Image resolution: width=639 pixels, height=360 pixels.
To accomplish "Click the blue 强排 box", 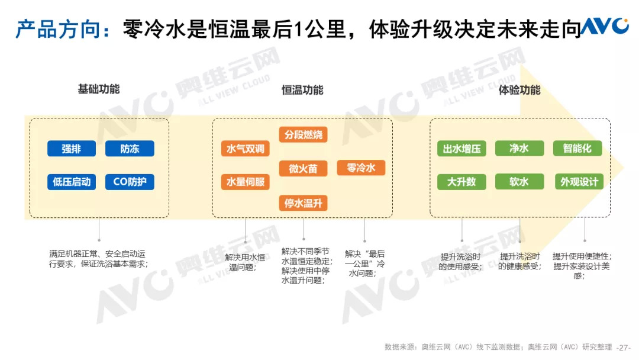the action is coord(72,149).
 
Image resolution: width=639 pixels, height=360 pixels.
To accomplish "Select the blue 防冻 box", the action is coord(130,149).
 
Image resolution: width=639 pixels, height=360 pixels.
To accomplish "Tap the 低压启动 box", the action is coord(72,182).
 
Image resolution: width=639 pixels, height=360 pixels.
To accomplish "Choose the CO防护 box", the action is coord(130,182).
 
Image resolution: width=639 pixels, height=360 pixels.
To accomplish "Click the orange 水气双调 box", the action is coord(246,149).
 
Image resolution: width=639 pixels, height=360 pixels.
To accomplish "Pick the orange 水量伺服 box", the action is coord(246,182).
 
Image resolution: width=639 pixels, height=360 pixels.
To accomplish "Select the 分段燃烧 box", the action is coord(303,134).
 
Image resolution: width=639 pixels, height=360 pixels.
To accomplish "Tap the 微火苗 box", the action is coord(303,168).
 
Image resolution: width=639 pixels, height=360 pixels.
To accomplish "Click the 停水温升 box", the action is coord(303,203).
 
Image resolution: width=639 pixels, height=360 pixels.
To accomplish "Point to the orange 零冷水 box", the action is coord(361,168).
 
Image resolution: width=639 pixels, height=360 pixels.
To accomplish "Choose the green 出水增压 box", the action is coord(461,149).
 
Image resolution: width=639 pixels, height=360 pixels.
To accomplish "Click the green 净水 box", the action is coord(519,148).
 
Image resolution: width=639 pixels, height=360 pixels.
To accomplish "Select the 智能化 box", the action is coord(577,148).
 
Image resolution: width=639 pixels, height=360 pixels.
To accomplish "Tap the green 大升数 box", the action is coord(461,181).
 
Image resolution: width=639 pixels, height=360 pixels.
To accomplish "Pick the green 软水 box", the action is coord(519,181).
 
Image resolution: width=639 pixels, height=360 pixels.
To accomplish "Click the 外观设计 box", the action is coord(579,181).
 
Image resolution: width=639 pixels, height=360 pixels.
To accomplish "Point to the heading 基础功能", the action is coord(99,89).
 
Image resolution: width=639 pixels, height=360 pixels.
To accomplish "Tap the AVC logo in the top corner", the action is coord(604,25).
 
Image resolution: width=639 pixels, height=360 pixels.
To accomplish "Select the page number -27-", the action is coord(624,347).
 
